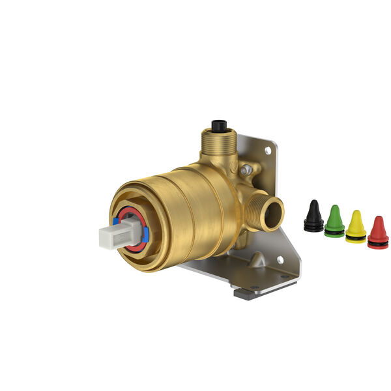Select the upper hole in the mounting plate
click(x=267, y=151)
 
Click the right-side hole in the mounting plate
click(x=280, y=259)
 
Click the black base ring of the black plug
click(x=313, y=227)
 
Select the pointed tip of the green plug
click(x=334, y=207)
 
